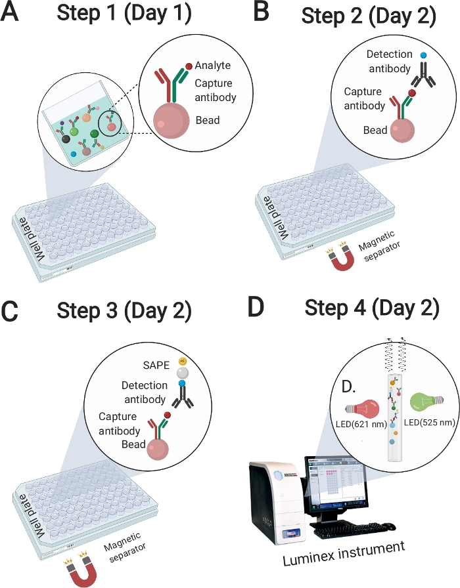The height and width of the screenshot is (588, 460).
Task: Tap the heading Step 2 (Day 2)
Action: [369, 16]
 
